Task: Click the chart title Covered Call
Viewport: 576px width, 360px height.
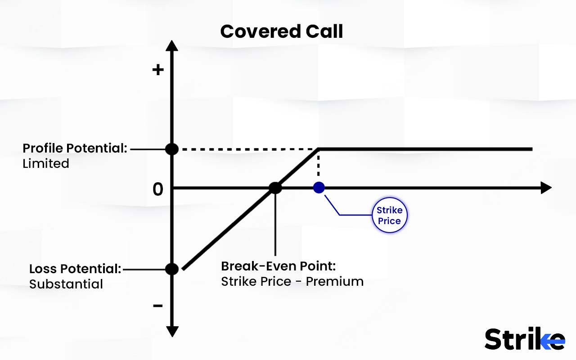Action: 282,31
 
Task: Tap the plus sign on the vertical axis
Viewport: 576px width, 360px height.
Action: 158,70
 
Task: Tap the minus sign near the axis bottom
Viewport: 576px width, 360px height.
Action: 158,306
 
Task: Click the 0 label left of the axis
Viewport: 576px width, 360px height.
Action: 158,190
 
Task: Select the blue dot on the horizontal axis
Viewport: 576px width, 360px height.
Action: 319,187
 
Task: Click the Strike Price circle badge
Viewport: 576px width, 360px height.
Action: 389,216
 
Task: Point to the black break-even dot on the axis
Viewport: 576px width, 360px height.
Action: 275,188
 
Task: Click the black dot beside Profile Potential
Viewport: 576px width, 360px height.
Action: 172,149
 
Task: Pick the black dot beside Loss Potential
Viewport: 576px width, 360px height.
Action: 172,269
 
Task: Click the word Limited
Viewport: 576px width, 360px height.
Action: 46,163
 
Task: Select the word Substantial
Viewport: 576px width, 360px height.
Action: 66,284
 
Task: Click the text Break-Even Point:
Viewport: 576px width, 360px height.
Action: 279,266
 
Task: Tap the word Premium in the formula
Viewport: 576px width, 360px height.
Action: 334,282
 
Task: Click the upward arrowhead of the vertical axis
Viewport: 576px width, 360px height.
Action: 172,45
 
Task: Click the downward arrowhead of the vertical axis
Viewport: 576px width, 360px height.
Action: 172,332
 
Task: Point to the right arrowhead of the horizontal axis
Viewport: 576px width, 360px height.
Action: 546,188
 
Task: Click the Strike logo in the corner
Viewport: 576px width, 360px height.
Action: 524,339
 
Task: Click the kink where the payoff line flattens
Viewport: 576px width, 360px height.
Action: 319,148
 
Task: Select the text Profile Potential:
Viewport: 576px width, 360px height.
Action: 75,148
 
